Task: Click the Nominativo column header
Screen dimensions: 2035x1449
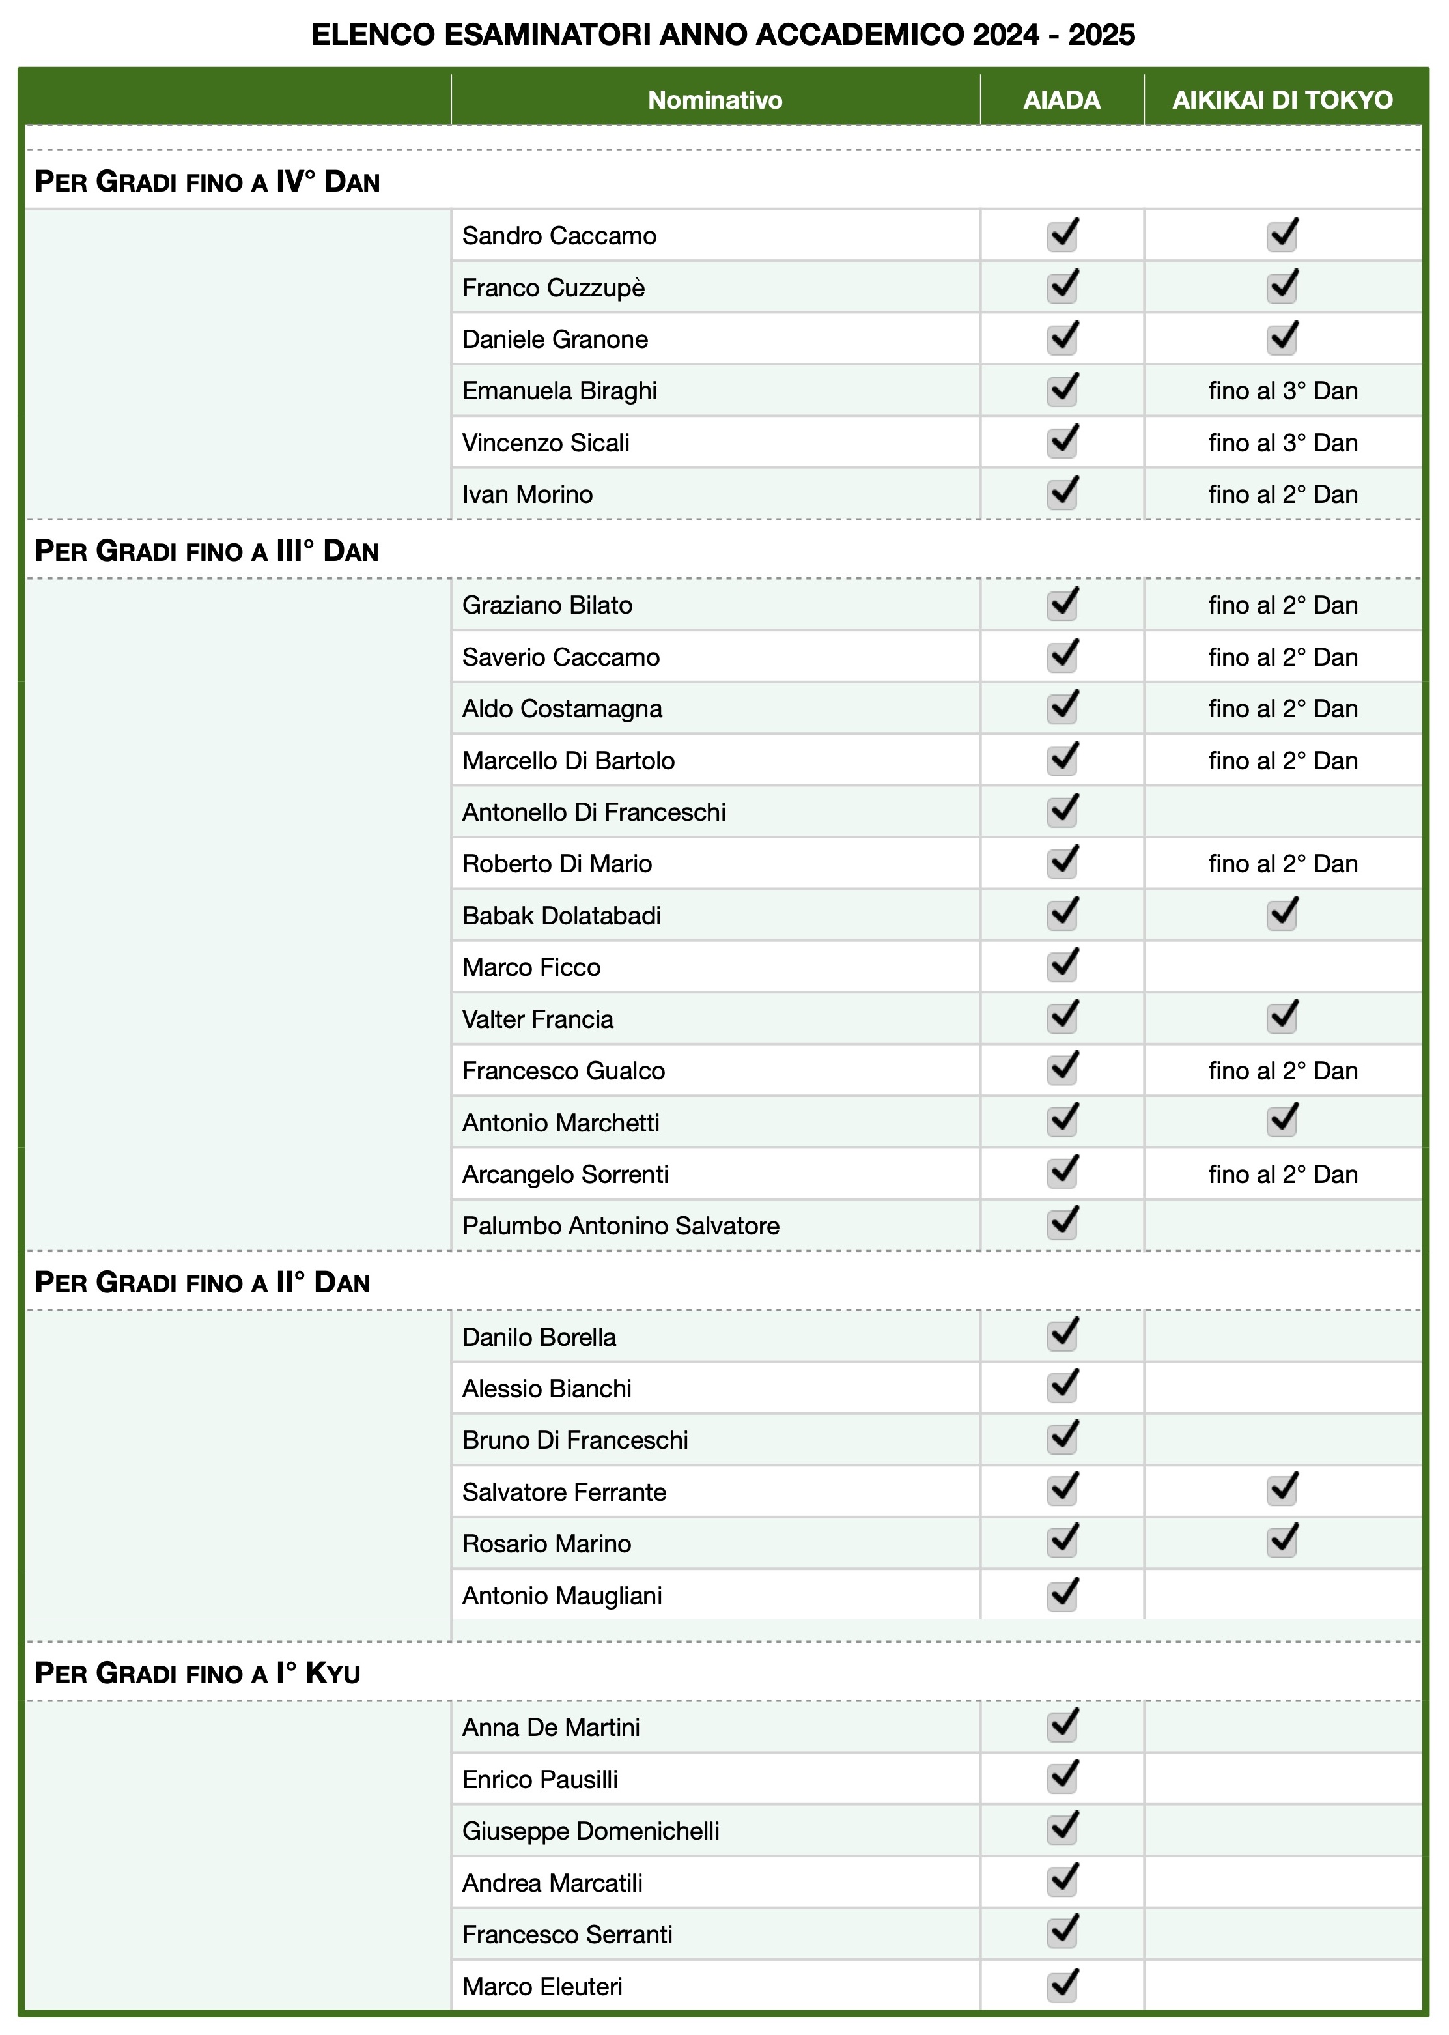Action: (x=714, y=100)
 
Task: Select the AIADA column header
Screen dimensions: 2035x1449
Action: (x=1061, y=100)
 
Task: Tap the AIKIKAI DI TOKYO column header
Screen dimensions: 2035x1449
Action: (x=1282, y=100)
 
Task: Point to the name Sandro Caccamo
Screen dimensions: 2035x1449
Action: (x=559, y=236)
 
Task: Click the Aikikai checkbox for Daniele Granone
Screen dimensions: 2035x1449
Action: (x=1282, y=337)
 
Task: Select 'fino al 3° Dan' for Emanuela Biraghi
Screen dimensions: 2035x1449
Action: (x=1282, y=391)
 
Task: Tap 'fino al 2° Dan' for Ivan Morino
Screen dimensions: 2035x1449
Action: (x=1282, y=494)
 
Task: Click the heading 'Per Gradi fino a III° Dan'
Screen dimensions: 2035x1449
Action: (x=207, y=550)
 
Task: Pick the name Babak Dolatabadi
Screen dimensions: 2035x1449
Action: (x=561, y=916)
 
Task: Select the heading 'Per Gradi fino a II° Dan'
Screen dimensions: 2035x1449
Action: (x=203, y=1283)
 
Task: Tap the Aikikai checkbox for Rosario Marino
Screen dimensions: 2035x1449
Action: (x=1282, y=1541)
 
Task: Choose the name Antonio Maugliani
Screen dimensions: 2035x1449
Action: (x=562, y=1596)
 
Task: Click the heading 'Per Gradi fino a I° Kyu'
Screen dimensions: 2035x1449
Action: (x=198, y=1673)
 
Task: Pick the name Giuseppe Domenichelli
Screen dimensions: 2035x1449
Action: (x=591, y=1830)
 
